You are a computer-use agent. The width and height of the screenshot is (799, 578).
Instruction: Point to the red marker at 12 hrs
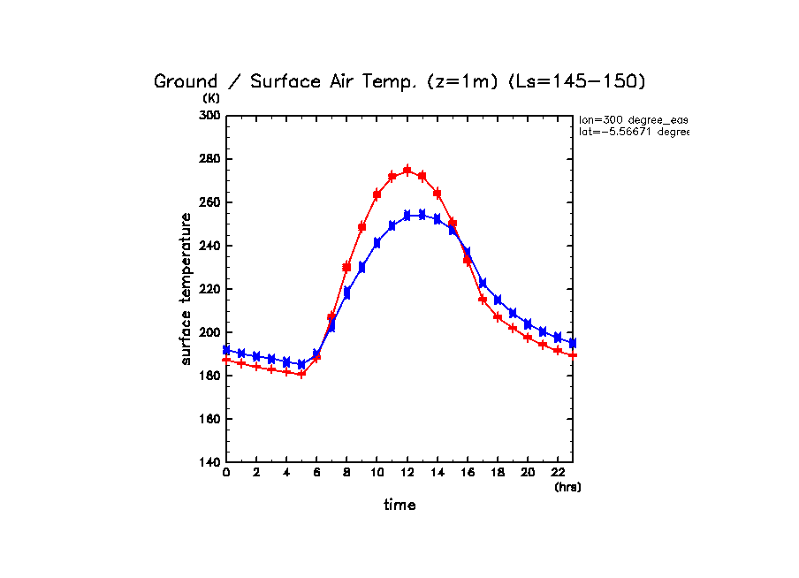407,171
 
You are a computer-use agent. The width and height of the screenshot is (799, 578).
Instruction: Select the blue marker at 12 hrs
407,215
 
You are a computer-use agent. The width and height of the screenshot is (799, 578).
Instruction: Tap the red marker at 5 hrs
301,374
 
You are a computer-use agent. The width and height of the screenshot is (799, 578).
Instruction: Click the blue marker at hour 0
226,350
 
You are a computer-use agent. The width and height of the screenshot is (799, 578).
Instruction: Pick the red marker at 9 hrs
361,227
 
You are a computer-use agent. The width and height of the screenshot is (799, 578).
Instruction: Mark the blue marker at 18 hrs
498,300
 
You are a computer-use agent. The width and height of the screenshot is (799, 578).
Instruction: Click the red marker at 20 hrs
528,337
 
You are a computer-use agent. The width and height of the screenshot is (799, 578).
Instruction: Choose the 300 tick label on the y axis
209,116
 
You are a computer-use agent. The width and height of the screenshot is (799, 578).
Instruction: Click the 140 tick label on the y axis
209,462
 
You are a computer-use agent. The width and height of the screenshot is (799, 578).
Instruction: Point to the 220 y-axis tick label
209,289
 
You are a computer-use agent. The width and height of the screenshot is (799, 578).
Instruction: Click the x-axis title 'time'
399,506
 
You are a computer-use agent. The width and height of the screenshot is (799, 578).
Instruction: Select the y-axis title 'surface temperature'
186,289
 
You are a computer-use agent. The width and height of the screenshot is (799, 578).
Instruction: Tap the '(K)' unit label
211,99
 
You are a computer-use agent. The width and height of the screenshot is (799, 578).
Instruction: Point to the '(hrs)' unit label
567,487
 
